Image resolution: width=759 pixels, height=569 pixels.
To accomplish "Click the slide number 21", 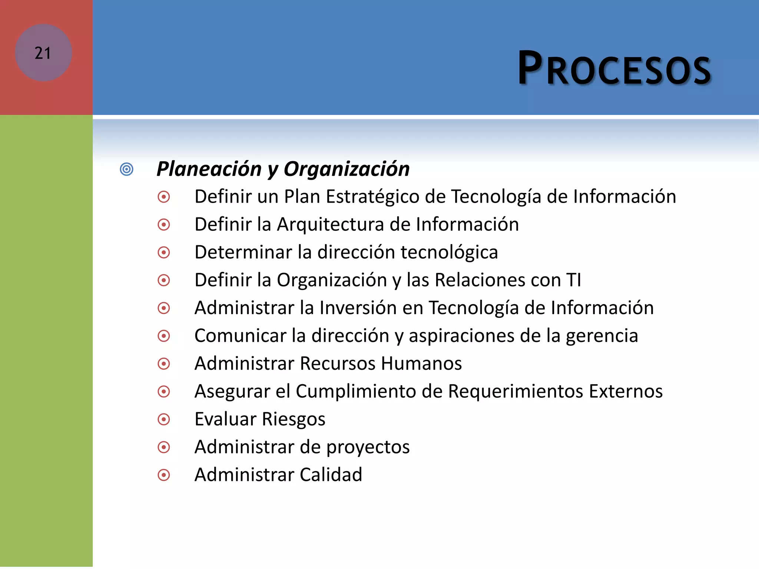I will (43, 53).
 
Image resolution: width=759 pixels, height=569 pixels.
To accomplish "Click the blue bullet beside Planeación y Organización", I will (127, 169).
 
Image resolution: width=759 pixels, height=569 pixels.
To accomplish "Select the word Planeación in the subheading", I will (209, 169).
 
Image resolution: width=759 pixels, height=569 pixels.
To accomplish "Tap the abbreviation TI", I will (573, 280).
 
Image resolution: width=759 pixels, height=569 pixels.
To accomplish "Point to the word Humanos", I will (421, 363).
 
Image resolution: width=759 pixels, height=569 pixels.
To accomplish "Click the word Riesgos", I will (293, 419).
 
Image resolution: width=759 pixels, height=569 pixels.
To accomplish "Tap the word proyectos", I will (368, 447).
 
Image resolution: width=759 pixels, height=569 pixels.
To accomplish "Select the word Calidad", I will (331, 475).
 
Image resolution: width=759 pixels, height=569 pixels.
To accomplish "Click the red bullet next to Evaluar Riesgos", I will (164, 419).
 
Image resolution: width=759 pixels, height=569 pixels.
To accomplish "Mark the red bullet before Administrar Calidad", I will (164, 475).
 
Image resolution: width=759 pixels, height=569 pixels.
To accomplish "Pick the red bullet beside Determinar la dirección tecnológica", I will (164, 253).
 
